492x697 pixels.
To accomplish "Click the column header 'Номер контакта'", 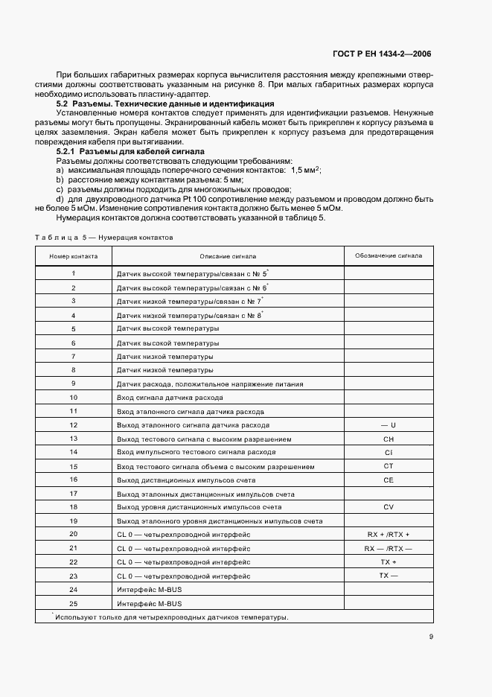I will click(73, 255).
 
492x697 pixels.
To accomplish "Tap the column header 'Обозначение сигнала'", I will click(388, 255).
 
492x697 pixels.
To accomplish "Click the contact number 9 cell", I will click(73, 383).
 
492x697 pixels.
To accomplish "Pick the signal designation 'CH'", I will click(388, 439).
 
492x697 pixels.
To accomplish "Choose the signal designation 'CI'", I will click(388, 452).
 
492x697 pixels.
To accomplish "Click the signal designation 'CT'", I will click(388, 466).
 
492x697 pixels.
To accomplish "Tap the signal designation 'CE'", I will click(388, 480).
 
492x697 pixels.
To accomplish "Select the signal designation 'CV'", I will click(388, 507).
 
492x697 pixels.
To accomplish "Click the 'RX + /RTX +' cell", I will click(388, 535).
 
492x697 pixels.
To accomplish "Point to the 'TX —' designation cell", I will click(388, 576).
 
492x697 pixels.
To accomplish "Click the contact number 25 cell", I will click(73, 603).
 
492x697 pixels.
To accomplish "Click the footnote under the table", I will click(171, 617).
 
